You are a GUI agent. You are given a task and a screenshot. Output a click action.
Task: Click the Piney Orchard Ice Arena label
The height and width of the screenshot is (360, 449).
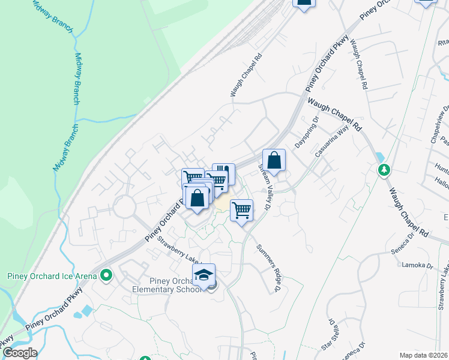[52, 276]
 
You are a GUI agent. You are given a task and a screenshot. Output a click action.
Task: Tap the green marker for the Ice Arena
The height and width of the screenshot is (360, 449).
[107, 276]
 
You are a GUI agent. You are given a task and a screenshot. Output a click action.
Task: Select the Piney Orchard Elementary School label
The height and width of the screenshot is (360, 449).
[167, 286]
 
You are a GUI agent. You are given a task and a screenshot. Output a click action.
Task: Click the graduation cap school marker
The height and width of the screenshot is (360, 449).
[204, 275]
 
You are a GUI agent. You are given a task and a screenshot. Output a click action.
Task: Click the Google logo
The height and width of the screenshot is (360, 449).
[19, 353]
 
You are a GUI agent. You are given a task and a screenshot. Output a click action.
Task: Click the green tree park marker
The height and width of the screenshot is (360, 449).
[384, 170]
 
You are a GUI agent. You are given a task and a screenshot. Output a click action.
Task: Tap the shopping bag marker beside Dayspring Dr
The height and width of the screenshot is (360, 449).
[274, 161]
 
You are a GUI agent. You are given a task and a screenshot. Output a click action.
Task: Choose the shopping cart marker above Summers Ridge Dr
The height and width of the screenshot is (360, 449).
[241, 211]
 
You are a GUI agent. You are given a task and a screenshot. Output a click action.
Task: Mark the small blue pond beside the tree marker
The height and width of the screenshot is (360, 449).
[379, 158]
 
